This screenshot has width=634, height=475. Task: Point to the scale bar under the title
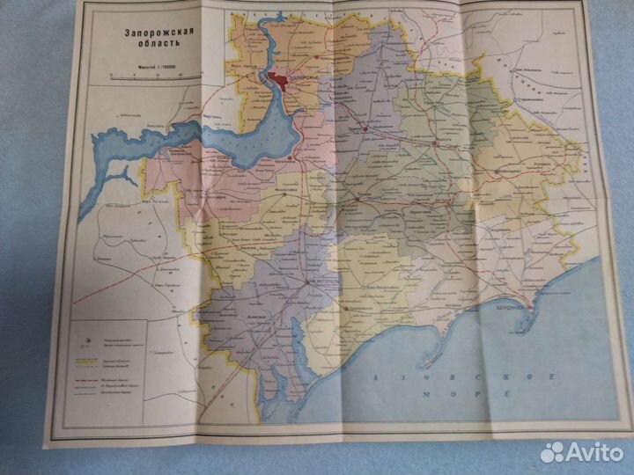[145, 77]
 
